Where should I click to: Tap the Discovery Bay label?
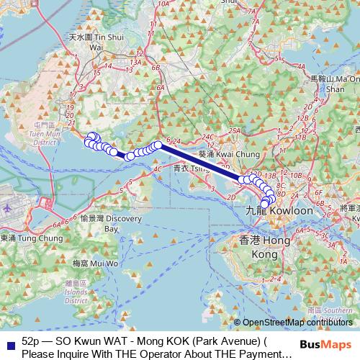click(100, 223)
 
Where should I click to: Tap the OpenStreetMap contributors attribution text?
click(298, 323)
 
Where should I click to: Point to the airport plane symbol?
click(7, 205)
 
